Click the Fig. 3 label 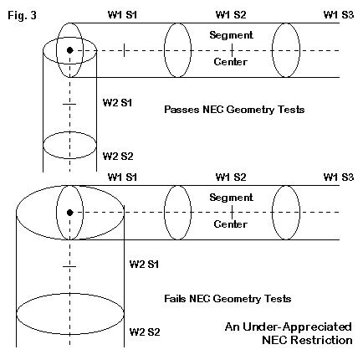coord(22,15)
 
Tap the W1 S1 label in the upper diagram coord(122,15)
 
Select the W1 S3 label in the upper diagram coord(339,15)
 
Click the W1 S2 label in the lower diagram coord(231,177)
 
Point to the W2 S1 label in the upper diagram coord(117,103)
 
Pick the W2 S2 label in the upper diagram coord(118,156)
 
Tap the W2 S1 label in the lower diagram coord(144,264)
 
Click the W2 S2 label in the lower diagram coord(145,332)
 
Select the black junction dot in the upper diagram coord(69,50)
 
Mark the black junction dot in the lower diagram coord(69,213)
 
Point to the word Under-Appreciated coord(297,327)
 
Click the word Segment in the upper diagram coord(231,35)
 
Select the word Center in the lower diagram coord(231,224)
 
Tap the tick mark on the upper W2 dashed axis coord(69,104)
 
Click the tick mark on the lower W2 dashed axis coord(69,266)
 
